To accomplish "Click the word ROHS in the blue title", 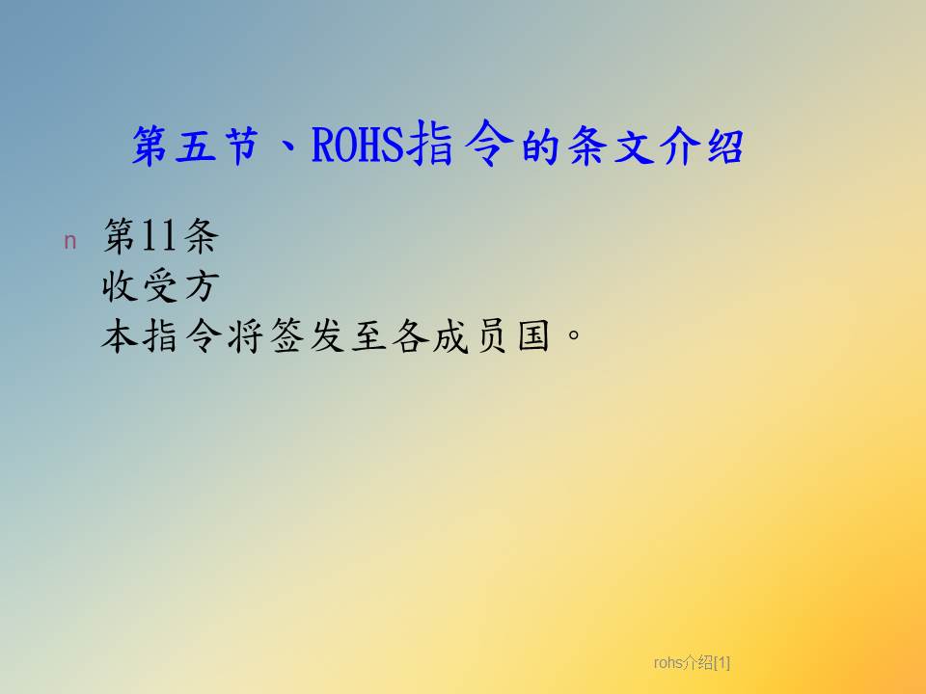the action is tap(358, 146).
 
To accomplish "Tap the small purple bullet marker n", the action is tap(69, 241).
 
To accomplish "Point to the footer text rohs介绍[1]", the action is tap(692, 663).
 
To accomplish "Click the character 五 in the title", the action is tap(196, 146).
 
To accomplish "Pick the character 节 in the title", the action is tap(241, 146).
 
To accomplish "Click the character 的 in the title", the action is tap(540, 146).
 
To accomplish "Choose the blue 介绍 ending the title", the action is tap(701, 146).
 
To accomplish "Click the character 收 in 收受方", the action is tap(120, 286).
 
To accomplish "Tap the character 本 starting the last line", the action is tap(120, 336).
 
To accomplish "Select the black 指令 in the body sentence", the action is tap(182, 336).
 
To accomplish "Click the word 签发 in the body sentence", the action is tap(307, 336).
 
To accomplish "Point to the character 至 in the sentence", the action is tap(368, 336).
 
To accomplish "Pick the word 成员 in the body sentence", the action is tap(470, 336).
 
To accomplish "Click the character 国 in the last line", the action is tap(533, 336).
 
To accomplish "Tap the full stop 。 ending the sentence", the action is tap(573, 335).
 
